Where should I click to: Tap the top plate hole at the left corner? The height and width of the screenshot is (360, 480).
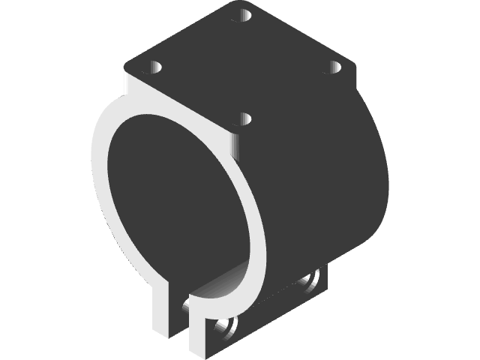tap(155, 68)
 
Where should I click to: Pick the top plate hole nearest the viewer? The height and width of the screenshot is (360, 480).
tap(243, 118)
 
